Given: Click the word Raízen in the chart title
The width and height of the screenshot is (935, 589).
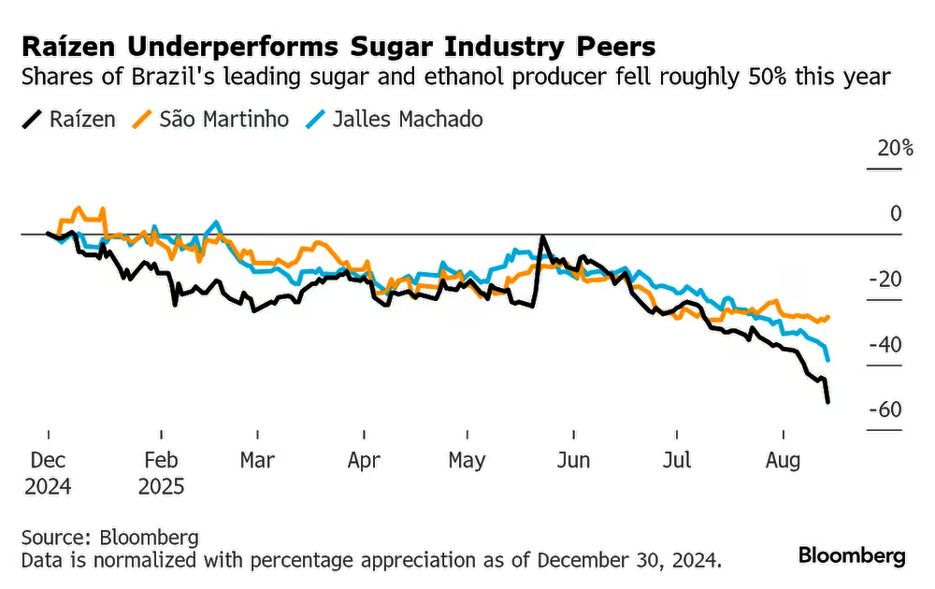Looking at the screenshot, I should pyautogui.click(x=65, y=46).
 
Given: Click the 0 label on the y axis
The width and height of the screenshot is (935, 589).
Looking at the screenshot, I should pyautogui.click(x=896, y=214).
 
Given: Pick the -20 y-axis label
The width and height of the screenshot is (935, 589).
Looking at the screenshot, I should pyautogui.click(x=885, y=280).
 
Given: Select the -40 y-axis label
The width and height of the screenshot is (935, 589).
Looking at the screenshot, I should pyautogui.click(x=885, y=345).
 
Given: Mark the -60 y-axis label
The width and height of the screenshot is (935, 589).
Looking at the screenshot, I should pyautogui.click(x=885, y=410).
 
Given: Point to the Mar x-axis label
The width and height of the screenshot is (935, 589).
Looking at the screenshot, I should pyautogui.click(x=257, y=460).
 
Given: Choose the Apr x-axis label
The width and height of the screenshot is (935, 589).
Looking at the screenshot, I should pyautogui.click(x=363, y=460).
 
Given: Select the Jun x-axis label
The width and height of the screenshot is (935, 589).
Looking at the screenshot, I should pyautogui.click(x=572, y=460).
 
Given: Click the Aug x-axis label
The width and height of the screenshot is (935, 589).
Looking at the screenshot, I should pyautogui.click(x=783, y=460).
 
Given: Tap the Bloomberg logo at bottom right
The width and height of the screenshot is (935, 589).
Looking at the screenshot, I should pyautogui.click(x=852, y=555).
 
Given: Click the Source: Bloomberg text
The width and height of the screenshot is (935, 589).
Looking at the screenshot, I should pyautogui.click(x=109, y=538).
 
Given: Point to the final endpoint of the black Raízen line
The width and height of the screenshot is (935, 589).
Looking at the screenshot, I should pyautogui.click(x=828, y=402).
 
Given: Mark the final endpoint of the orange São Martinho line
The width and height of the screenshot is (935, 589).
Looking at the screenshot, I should pyautogui.click(x=828, y=317).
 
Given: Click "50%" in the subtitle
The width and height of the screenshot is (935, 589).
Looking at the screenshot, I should pyautogui.click(x=764, y=77).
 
